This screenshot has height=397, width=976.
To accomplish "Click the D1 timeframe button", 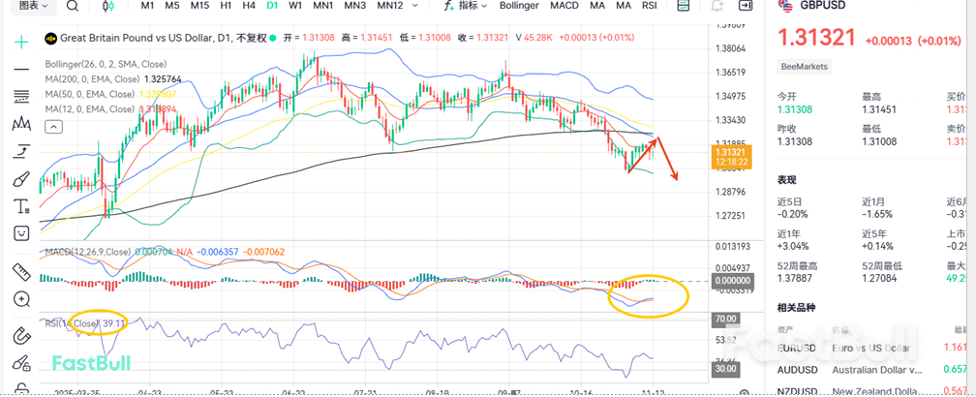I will pyautogui.click(x=272, y=6).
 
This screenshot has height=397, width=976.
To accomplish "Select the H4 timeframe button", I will pyautogui.click(x=249, y=6).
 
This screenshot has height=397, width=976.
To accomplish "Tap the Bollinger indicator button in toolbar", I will pyautogui.click(x=519, y=6).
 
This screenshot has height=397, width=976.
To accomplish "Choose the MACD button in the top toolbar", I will pyautogui.click(x=564, y=6).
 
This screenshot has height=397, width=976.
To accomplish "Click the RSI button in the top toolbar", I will pyautogui.click(x=649, y=6).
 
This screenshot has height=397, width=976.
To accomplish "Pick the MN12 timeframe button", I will pyautogui.click(x=389, y=6).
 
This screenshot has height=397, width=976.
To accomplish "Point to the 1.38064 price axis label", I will pyautogui.click(x=731, y=48).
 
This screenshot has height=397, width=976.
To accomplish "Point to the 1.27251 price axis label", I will pyautogui.click(x=731, y=216).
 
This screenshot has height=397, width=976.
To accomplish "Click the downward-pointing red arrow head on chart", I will pyautogui.click(x=676, y=176).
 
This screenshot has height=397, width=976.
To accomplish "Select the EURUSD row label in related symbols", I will pyautogui.click(x=797, y=347).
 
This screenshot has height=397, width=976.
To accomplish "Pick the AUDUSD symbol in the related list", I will pyautogui.click(x=797, y=369).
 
